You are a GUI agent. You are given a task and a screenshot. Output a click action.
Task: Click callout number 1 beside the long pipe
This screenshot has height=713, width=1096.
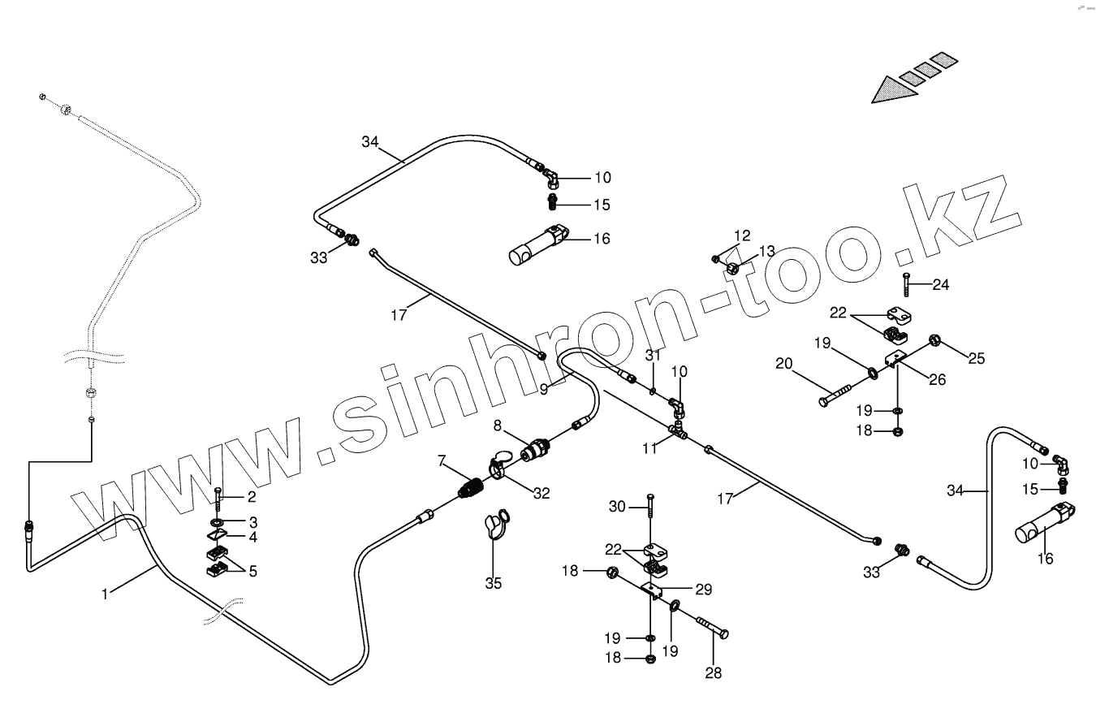[104, 594]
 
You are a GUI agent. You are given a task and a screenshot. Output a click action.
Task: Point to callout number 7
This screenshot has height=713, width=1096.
[442, 461]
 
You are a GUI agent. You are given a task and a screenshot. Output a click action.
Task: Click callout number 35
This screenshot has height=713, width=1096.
[494, 583]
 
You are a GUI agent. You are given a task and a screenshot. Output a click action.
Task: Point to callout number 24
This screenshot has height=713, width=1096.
[941, 284]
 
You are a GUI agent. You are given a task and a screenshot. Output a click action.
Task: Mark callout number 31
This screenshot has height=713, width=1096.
[654, 355]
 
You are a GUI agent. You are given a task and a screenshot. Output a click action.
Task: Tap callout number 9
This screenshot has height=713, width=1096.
[543, 389]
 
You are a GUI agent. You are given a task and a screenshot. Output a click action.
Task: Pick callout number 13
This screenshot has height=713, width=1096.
[767, 251]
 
